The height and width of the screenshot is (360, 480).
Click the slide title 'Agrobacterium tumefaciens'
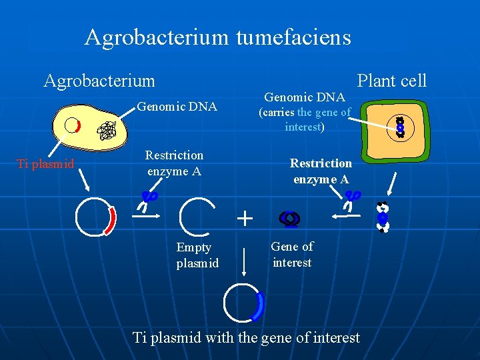click(217, 37)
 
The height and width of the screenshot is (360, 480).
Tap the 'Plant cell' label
click(391, 81)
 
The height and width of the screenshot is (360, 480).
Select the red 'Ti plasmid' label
click(45, 164)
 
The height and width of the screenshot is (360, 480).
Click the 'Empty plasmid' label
click(197, 255)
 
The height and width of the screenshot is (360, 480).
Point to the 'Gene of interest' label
click(292, 254)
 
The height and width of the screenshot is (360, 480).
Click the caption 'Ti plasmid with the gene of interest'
click(246, 337)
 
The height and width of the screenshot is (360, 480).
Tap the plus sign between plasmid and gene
click(245, 219)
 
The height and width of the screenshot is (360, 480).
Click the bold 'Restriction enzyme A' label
click(321, 171)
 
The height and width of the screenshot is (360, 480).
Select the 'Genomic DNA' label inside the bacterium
click(177, 106)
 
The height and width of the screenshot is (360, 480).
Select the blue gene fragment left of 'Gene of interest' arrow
click(290, 218)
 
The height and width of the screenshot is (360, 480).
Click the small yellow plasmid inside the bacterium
click(71, 125)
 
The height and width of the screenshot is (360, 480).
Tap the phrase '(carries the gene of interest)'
click(305, 119)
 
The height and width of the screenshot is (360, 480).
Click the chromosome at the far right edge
click(382, 217)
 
